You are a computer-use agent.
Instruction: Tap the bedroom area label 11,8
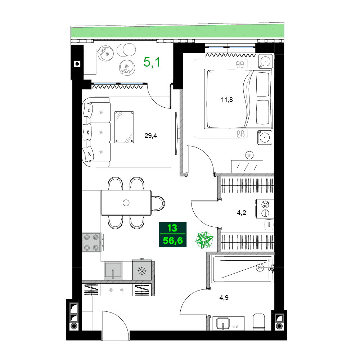coord(227,100)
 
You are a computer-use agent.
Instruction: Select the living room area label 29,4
coord(150,136)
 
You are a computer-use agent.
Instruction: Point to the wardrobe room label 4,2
coord(241,213)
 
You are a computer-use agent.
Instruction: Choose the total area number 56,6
coord(172,240)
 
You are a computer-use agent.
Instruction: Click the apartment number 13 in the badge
coord(172,228)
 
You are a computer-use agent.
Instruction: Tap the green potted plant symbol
coord(204,240)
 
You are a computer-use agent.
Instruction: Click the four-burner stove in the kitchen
coord(91,242)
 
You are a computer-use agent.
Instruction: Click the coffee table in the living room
coord(125,127)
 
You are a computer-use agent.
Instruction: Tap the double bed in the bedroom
coord(238,99)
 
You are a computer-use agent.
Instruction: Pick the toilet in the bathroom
coord(259,322)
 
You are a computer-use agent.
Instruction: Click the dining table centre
coord(126,203)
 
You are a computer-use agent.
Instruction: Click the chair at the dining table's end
coord(158,203)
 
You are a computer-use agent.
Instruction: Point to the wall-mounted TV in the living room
coord(176,133)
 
